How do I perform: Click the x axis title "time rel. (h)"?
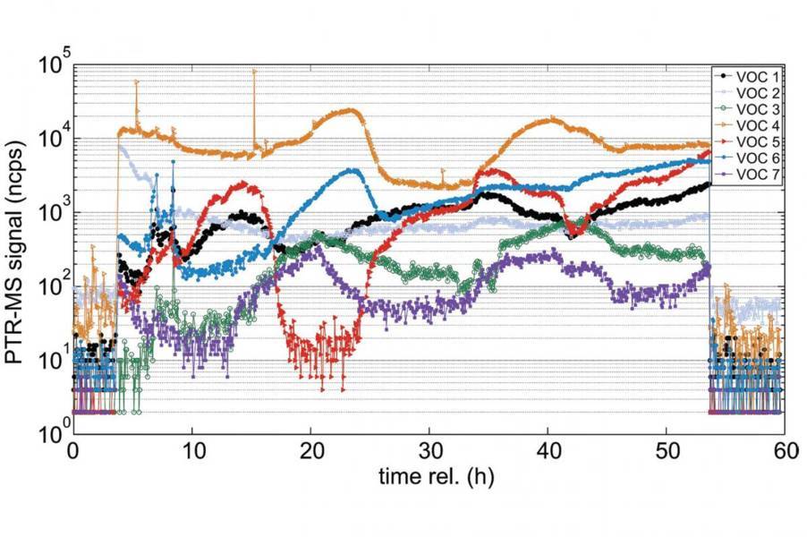click(x=429, y=477)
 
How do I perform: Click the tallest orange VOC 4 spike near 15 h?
click(x=253, y=72)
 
